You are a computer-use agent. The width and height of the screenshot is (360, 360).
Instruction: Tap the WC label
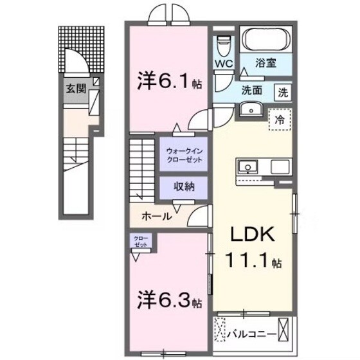pos(223,64)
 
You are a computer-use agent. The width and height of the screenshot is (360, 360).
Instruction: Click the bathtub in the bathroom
pos(266,41)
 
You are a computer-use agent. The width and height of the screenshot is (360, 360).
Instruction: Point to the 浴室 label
pos(265,64)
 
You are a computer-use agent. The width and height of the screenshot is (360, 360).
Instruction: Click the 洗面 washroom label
pos(251,91)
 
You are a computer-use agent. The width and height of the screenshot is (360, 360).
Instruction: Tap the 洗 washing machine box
pos(283,91)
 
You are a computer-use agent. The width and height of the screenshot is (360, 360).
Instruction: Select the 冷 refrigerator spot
pos(280,119)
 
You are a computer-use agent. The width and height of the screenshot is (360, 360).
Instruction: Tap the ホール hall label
pos(156,217)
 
